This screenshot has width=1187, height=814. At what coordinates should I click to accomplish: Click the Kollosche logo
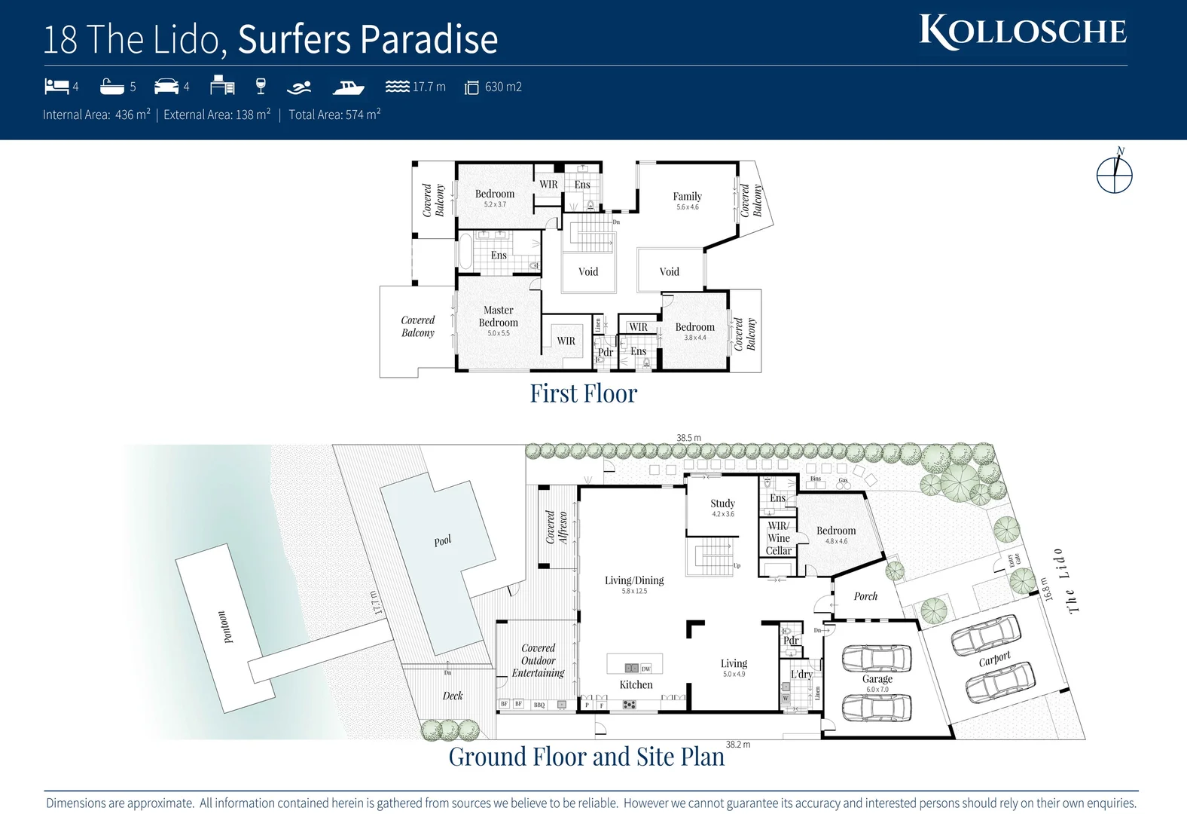(x=1022, y=32)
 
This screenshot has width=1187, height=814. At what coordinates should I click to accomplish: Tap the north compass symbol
(x=1114, y=174)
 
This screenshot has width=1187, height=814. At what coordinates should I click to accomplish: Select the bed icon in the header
(x=56, y=86)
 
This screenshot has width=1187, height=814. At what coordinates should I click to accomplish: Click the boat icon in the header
(x=348, y=87)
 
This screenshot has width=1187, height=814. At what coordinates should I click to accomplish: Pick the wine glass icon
(x=261, y=86)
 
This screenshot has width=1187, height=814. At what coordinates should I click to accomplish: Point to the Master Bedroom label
(x=498, y=317)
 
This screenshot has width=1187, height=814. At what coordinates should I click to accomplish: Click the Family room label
(x=687, y=196)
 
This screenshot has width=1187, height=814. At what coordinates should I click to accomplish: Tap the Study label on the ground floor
(x=722, y=503)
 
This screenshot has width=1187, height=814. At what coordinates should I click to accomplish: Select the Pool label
(x=443, y=540)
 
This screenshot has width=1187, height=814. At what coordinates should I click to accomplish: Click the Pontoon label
(x=224, y=627)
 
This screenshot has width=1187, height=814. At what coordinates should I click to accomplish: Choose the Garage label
(x=877, y=679)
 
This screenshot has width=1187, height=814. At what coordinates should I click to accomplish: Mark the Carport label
(x=994, y=659)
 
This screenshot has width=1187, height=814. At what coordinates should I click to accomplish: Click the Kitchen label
(x=636, y=684)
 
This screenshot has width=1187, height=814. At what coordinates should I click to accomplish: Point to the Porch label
(x=865, y=596)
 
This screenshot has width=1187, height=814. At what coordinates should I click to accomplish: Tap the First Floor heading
(x=583, y=393)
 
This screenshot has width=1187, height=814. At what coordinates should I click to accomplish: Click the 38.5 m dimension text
(x=688, y=438)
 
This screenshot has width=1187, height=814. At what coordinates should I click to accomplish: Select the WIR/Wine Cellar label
(x=778, y=538)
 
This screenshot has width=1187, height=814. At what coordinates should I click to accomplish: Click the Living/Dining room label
(x=634, y=580)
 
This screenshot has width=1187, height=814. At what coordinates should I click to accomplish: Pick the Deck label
(x=453, y=696)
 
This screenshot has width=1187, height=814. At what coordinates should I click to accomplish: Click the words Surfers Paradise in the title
(x=368, y=39)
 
